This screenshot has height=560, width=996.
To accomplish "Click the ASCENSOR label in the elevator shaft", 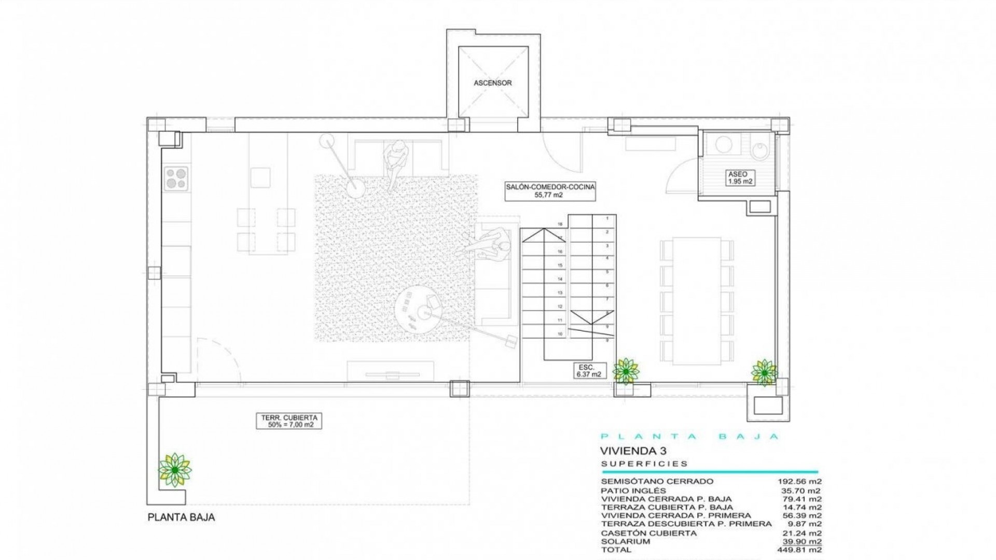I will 492,83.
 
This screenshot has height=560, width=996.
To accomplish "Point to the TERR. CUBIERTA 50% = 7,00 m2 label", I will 288,421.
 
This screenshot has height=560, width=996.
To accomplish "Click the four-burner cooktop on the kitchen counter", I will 176,178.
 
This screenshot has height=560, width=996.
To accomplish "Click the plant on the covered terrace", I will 175,470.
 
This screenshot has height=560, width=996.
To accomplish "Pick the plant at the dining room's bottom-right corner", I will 764,372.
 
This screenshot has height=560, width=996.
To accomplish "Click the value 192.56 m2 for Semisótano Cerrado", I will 799,481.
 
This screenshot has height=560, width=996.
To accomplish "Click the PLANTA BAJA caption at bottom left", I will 181,517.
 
